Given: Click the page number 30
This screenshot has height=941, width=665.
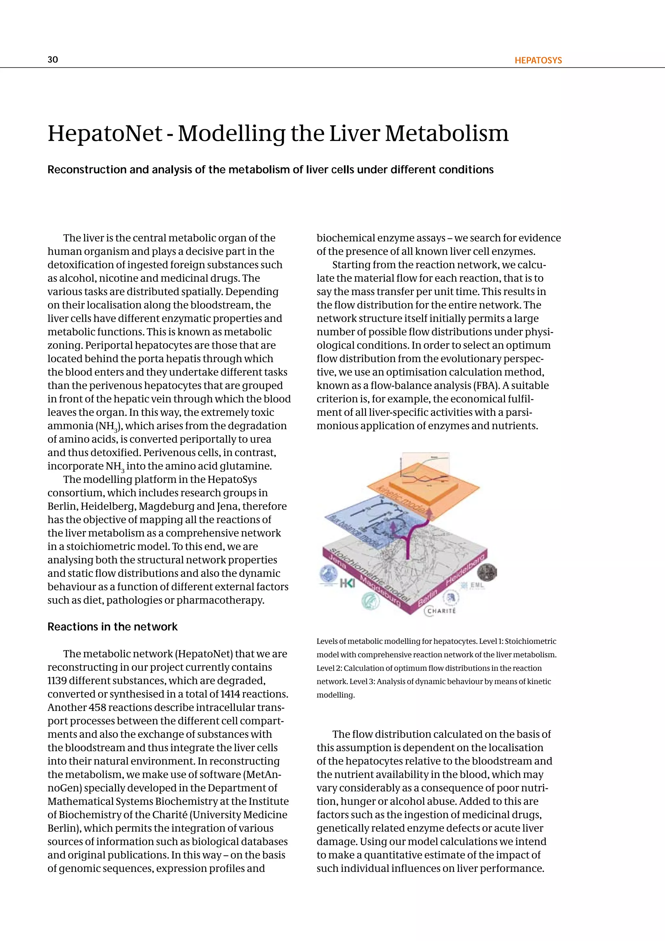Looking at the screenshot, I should (x=53, y=59).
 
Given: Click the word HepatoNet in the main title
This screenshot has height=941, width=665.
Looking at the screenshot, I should (x=105, y=134).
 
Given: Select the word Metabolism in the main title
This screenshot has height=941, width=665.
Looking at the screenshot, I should (x=447, y=134).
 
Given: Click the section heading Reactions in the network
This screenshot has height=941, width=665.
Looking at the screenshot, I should (x=112, y=627).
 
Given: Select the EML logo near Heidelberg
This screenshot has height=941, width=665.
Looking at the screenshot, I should (x=475, y=586).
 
